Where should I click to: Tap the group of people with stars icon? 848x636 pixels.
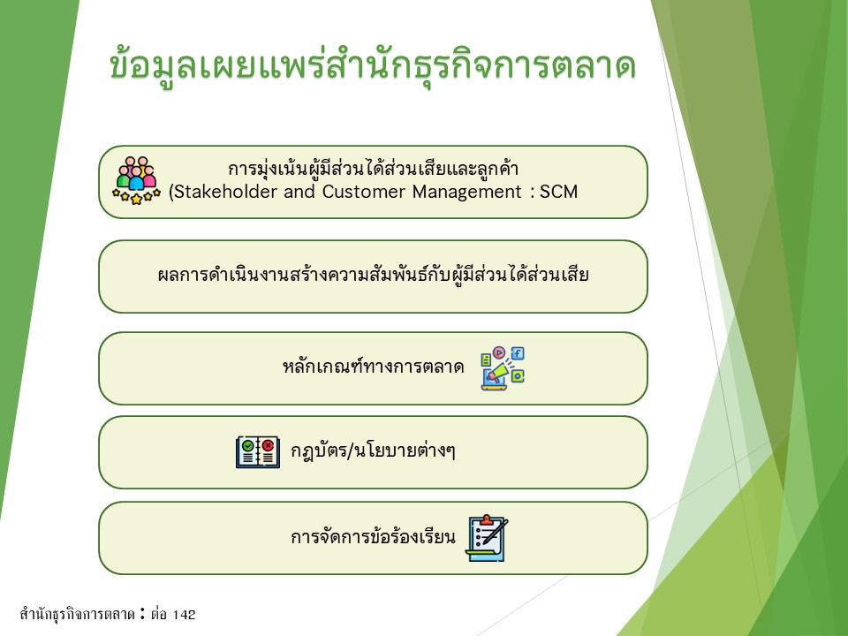(x=136, y=180)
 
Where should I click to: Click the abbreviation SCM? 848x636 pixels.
(x=558, y=192)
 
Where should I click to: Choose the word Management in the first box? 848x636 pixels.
(x=466, y=192)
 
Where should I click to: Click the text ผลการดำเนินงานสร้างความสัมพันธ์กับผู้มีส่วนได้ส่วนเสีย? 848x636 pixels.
(x=373, y=275)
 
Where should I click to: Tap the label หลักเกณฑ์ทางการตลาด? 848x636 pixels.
(x=373, y=367)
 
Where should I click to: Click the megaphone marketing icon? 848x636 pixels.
(x=503, y=368)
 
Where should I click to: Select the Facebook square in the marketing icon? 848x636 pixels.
(x=518, y=353)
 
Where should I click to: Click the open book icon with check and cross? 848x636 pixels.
(x=258, y=451)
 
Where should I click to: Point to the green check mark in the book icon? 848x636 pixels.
(x=247, y=445)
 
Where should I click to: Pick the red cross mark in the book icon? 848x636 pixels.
(x=269, y=445)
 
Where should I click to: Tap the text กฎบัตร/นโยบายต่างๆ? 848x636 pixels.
(x=373, y=450)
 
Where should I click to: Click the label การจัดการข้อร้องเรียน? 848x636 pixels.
(x=373, y=537)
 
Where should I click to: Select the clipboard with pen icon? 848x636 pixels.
(x=487, y=538)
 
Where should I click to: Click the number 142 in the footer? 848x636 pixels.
(x=185, y=615)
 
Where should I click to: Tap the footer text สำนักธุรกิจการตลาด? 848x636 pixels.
(x=78, y=615)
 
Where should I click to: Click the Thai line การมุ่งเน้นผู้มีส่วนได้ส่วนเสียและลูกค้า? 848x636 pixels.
(x=373, y=169)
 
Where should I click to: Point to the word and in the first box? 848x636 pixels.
(x=299, y=192)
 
